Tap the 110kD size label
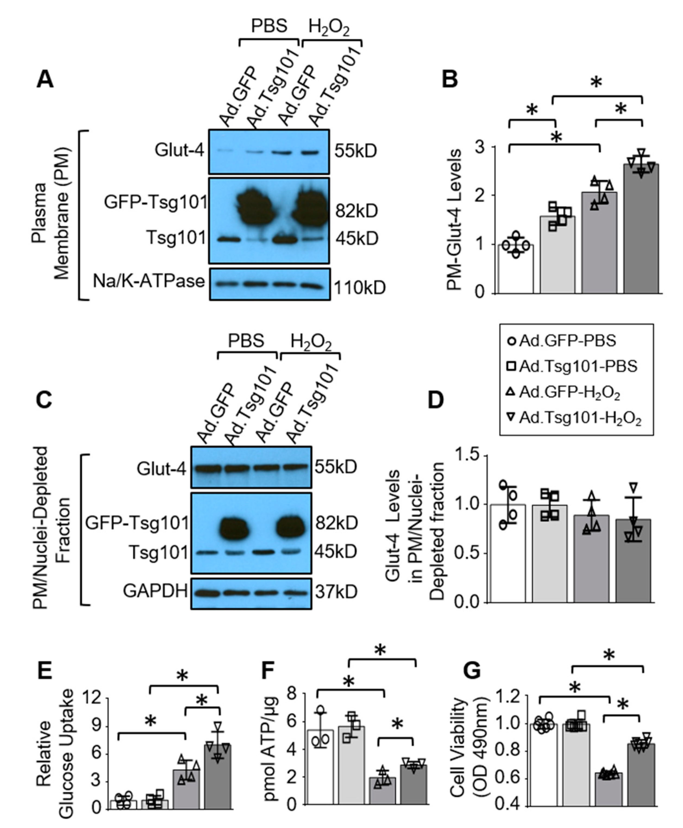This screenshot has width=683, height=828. pyautogui.click(x=360, y=288)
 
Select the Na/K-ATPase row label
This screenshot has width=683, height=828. pyautogui.click(x=149, y=282)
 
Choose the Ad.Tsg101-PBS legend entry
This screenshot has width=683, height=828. pyautogui.click(x=578, y=366)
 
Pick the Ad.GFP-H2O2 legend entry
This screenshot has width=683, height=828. pyautogui.click(x=569, y=392)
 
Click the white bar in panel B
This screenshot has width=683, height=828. pyautogui.click(x=515, y=269)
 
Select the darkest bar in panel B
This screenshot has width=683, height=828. pyautogui.click(x=641, y=229)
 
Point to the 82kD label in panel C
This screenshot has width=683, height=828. pyautogui.click(x=336, y=523)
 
